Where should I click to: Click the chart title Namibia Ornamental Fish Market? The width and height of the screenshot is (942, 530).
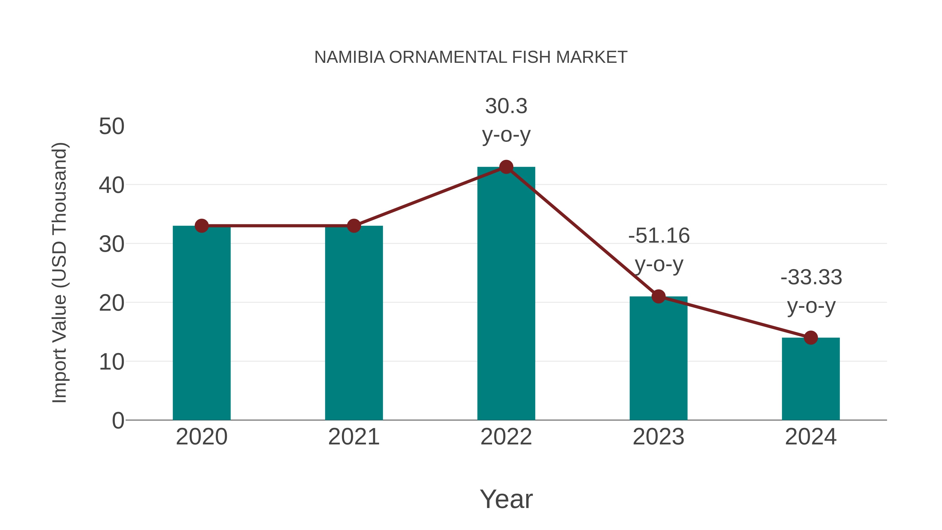471,57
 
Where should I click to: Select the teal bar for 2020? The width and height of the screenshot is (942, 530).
201,326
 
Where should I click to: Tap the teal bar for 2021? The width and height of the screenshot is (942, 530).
354,326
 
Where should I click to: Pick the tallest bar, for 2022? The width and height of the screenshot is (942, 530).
506,296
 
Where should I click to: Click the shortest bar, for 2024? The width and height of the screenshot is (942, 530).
811,380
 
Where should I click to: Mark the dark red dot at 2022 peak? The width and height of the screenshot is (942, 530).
506,167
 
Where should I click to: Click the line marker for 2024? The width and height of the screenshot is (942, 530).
811,338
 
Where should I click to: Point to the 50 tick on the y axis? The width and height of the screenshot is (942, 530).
111,127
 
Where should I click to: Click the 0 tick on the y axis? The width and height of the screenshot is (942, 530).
118,420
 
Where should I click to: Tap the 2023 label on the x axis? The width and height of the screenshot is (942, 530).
658,437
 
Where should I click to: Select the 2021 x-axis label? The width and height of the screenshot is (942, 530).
354,437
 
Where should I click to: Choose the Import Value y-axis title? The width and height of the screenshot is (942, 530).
59,272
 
